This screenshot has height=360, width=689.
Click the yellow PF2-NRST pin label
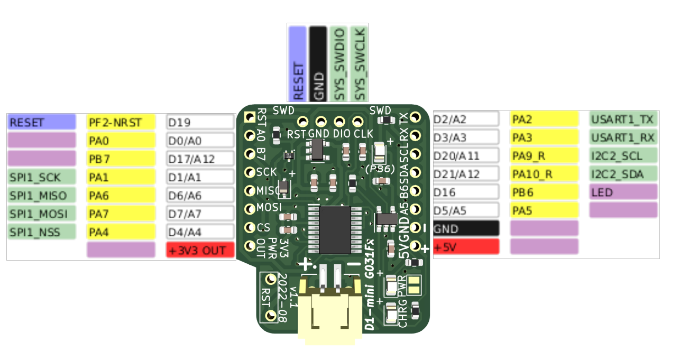tap(121, 123)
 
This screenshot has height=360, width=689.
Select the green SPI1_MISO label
tap(41, 196)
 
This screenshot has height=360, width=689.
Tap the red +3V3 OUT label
tap(200, 250)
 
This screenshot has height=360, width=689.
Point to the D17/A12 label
tap(200, 159)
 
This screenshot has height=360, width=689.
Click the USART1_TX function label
tap(623, 119)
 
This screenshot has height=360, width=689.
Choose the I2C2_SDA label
tap(623, 174)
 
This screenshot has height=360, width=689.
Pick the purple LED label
tap(623, 192)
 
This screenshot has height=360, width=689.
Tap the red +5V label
tap(465, 246)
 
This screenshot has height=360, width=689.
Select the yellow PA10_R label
tap(544, 174)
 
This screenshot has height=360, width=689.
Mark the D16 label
tap(465, 192)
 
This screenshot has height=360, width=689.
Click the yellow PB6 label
tap(544, 192)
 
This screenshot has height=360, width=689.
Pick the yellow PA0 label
tap(121, 141)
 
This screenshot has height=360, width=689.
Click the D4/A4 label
tap(200, 232)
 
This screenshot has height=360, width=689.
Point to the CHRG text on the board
tap(403, 316)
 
